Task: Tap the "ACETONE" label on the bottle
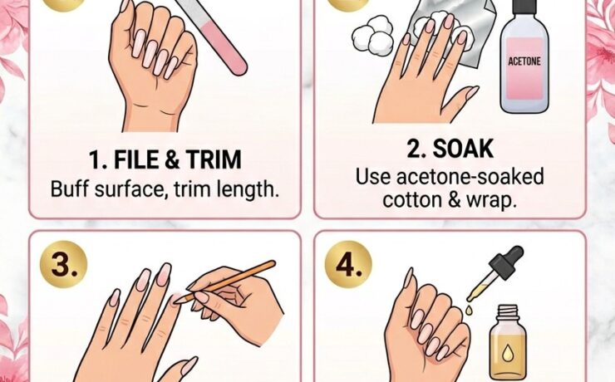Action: (524, 61)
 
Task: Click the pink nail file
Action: (222, 37)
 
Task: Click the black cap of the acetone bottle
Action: (524, 8)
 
